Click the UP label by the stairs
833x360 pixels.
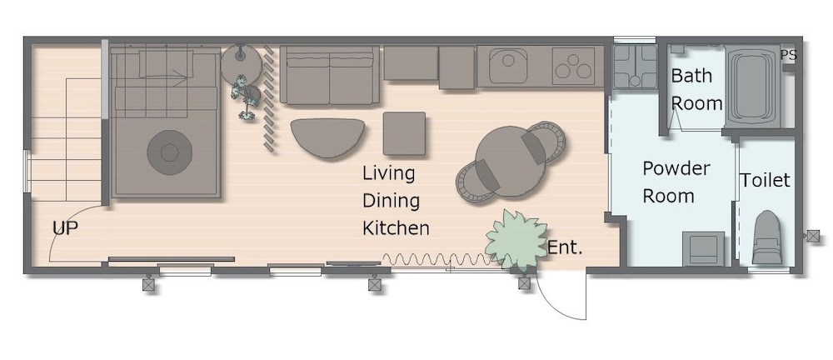65,228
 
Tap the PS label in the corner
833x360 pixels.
789,55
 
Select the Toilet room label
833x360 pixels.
765,180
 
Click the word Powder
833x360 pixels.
676,168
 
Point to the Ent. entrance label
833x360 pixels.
565,247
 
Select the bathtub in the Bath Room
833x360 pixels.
751,87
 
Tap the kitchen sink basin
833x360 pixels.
508,66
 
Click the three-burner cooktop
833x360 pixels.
573,66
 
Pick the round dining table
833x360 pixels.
511,162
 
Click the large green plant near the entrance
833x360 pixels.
516,239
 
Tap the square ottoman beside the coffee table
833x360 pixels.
404,133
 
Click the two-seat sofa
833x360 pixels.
329,75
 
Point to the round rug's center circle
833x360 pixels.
169,152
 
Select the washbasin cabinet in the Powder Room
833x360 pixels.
703,249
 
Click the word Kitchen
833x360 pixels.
396,228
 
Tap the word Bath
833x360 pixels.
691,76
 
